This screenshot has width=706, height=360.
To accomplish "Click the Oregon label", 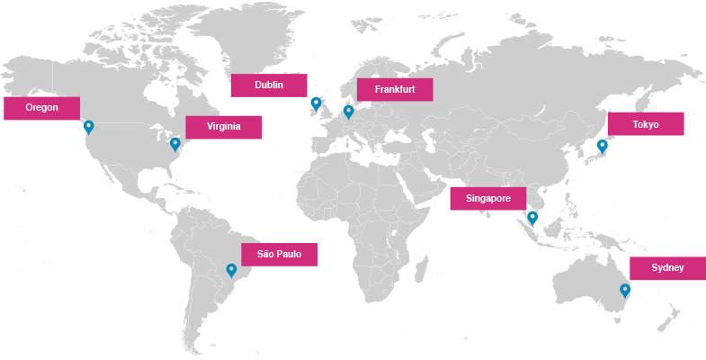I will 41,108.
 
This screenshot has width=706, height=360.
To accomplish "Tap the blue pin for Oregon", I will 88,127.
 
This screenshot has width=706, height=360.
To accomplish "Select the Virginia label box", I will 224,127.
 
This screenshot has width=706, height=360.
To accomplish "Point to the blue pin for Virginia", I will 175,143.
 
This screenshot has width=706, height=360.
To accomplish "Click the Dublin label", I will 269,85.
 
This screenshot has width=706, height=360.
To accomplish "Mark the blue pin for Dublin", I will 316,103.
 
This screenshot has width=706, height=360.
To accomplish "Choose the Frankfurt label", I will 395,90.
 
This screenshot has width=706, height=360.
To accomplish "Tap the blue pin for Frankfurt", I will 349,112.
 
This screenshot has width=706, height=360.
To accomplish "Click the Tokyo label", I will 645,124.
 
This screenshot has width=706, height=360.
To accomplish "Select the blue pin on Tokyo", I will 602,145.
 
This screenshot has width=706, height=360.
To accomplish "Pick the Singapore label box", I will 487,198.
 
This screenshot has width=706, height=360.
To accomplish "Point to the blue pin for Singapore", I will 532,217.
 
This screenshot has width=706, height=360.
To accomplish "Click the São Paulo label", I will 279,255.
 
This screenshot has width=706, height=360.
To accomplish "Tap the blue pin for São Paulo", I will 231,269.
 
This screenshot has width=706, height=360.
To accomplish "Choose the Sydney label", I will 667,268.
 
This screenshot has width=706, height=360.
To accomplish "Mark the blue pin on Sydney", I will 625,290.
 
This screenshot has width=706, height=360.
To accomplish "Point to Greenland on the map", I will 247,36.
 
